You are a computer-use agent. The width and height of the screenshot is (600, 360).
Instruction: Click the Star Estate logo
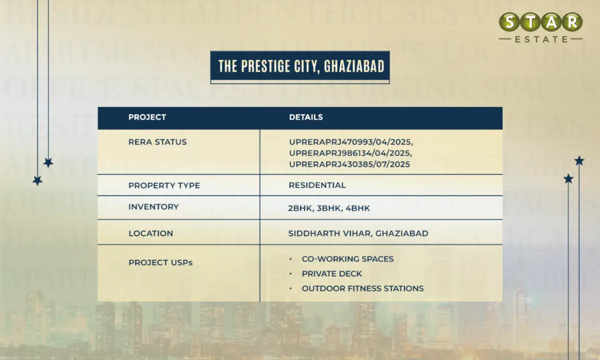tap(540, 27)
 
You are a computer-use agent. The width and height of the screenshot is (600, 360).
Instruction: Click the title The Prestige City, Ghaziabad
tap(300, 67)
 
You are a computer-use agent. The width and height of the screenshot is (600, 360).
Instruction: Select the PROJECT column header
tap(147, 117)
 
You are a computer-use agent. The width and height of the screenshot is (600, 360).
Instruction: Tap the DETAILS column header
tap(306, 117)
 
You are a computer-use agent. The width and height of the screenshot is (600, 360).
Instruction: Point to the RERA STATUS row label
tap(157, 142)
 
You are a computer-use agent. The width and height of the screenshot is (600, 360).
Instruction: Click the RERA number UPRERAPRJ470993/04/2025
tap(351, 142)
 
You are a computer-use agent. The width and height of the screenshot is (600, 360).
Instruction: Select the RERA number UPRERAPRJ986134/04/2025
tap(350, 153)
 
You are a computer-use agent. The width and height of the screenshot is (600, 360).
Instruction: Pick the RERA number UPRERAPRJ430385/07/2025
tap(349, 164)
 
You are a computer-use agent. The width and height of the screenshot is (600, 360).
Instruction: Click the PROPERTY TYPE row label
tap(164, 185)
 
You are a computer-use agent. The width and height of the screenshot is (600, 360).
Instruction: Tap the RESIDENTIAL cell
tap(317, 185)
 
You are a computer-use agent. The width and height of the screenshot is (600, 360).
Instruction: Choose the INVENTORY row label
tap(153, 207)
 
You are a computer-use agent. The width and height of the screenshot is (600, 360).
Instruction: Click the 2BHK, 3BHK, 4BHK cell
tap(329, 208)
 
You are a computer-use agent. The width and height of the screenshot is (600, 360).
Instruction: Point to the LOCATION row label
tap(150, 233)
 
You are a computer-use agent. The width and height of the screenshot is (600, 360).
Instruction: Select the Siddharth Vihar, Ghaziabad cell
tap(358, 233)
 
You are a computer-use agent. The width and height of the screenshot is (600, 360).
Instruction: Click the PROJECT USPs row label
tap(160, 262)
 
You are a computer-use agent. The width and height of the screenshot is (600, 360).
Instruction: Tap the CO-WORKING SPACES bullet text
tap(347, 259)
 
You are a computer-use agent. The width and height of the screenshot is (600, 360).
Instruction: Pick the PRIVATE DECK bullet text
tap(331, 274)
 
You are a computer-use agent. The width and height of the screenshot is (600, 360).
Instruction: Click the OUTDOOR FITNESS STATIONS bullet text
tap(362, 288)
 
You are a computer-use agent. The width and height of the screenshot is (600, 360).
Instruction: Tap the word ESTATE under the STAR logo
tap(540, 39)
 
